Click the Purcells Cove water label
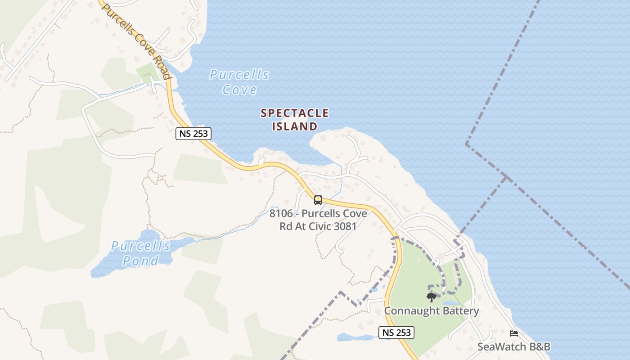pos(239,82)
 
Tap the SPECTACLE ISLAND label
pos(295,120)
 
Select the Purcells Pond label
pos(140,253)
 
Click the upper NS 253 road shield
pos(193,133)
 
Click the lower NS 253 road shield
pos(396,333)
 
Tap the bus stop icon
pos(318,200)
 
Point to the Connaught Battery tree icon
pos(431,297)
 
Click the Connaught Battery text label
pos(431,311)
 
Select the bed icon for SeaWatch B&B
pos(513,333)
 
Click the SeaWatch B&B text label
pos(513,347)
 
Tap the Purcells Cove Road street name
pos(137,40)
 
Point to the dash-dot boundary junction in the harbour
pos(506,177)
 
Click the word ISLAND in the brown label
pos(295,126)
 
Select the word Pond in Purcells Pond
pos(140,261)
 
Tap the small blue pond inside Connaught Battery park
pos(450,303)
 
